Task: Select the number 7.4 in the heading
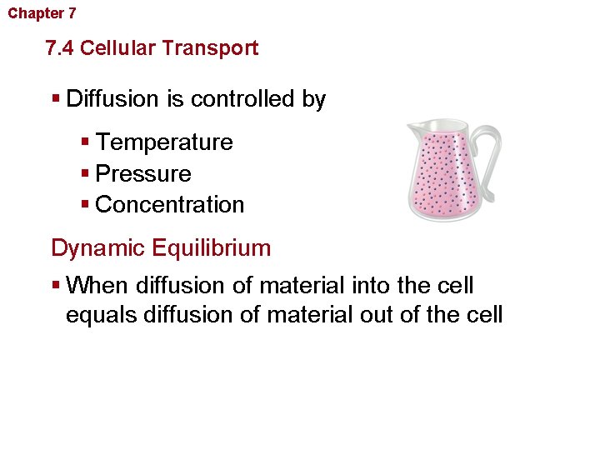(x=61, y=48)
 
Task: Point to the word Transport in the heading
(x=210, y=48)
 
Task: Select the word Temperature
(x=164, y=142)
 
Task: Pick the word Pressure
(x=143, y=174)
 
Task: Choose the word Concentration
(x=170, y=205)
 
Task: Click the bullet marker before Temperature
(x=87, y=142)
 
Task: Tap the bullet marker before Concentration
(x=87, y=205)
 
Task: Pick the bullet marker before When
(x=57, y=286)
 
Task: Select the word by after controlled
(x=314, y=99)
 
